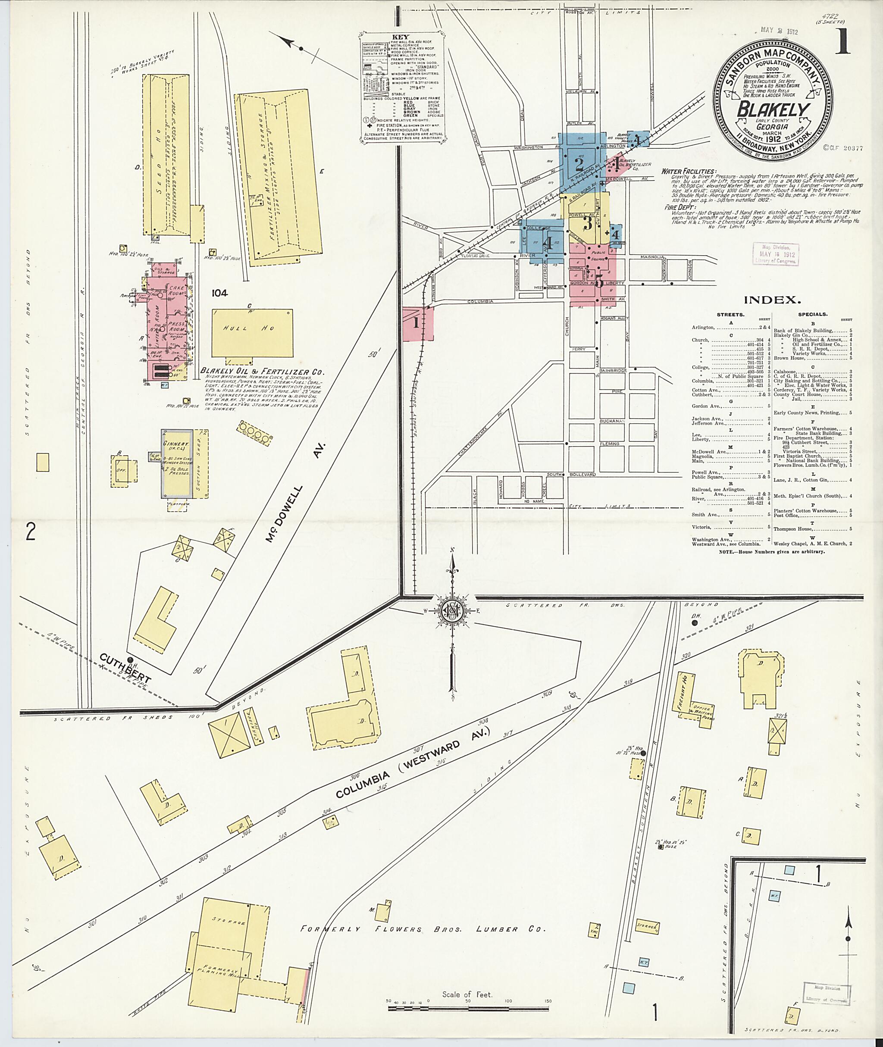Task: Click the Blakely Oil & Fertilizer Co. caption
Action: click(x=262, y=372)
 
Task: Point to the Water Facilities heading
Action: click(x=688, y=171)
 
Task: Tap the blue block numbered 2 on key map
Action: click(x=579, y=164)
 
